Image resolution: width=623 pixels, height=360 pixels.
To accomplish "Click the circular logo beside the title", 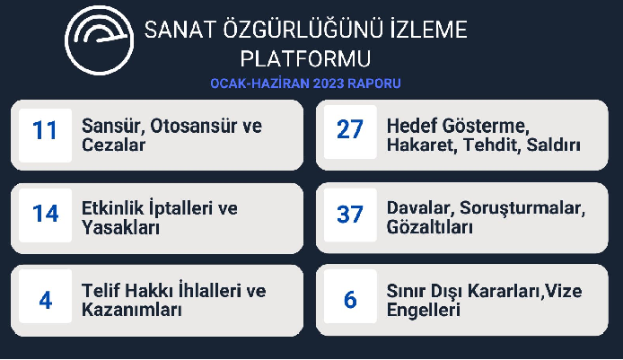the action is (99, 40).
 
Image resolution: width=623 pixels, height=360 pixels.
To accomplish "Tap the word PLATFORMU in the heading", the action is (305, 59).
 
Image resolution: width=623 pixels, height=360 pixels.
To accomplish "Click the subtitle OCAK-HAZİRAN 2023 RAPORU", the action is (305, 83).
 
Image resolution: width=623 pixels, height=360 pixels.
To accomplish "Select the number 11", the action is (45, 130).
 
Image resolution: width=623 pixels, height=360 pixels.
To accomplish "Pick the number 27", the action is (349, 129).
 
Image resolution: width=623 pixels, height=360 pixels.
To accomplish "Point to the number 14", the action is (45, 213).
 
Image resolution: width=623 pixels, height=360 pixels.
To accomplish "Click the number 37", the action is (349, 215).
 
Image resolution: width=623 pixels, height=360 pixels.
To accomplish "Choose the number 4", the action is (46, 300).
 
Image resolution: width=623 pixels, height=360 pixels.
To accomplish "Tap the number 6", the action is (350, 300).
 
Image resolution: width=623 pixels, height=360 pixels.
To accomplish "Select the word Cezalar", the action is (114, 145).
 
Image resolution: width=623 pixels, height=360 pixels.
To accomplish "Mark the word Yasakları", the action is (120, 228).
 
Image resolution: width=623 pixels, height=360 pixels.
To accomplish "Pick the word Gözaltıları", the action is (429, 227).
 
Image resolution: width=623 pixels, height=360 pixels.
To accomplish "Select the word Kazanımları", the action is (132, 310).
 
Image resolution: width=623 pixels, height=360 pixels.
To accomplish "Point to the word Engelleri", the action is (424, 310).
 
